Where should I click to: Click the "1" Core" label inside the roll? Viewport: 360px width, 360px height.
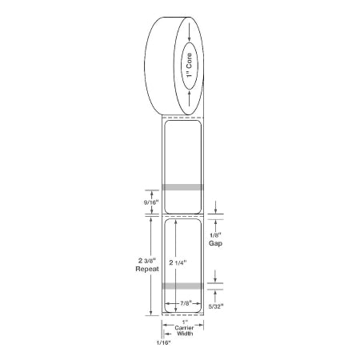pos(189,66)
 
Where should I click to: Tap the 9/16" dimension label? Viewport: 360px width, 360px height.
pos(151,202)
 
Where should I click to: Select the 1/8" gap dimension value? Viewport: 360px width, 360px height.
pos(215,235)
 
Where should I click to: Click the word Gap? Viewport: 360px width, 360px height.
pos(215,243)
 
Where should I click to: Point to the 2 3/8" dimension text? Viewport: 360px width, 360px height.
pos(147,261)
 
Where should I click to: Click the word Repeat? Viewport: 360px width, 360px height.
pos(147,269)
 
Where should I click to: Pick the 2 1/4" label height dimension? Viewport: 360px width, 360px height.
pos(178,262)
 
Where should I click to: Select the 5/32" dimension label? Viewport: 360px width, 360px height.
pos(216,306)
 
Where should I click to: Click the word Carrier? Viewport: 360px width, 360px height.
pos(184,328)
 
